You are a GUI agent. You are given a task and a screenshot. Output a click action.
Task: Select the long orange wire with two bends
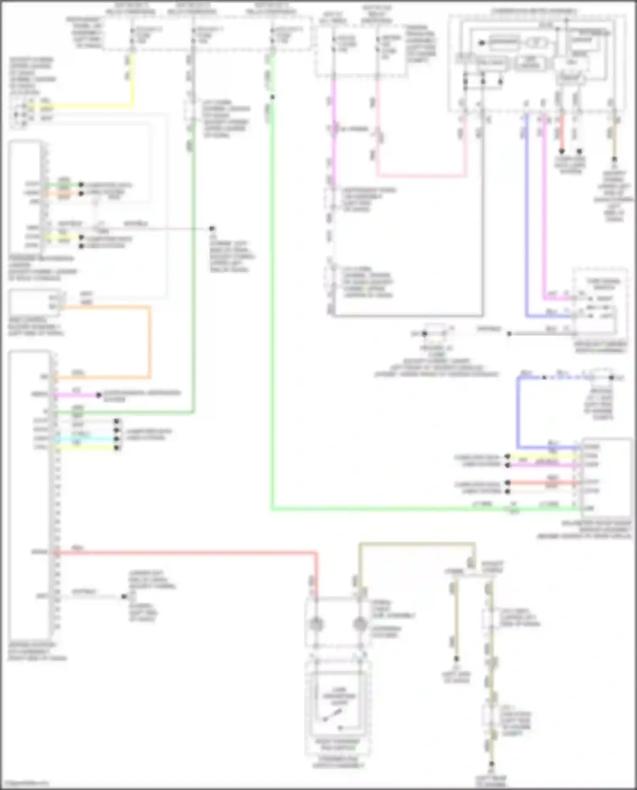(149, 340)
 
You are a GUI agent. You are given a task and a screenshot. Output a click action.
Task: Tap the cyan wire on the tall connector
(85, 439)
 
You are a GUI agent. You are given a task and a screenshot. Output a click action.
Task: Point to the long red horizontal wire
(187, 553)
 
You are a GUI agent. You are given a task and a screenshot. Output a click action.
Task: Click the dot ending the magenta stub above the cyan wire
(99, 395)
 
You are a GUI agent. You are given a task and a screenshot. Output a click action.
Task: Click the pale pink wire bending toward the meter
(420, 175)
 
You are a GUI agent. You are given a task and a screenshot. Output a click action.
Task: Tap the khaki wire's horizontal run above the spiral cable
(416, 543)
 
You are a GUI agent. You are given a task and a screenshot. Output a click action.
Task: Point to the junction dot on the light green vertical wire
(273, 97)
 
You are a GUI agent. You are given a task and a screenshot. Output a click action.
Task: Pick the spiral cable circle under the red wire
(316, 624)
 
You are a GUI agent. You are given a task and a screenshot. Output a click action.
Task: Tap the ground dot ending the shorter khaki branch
(456, 658)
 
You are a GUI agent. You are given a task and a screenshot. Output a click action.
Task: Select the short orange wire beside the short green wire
(64, 194)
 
